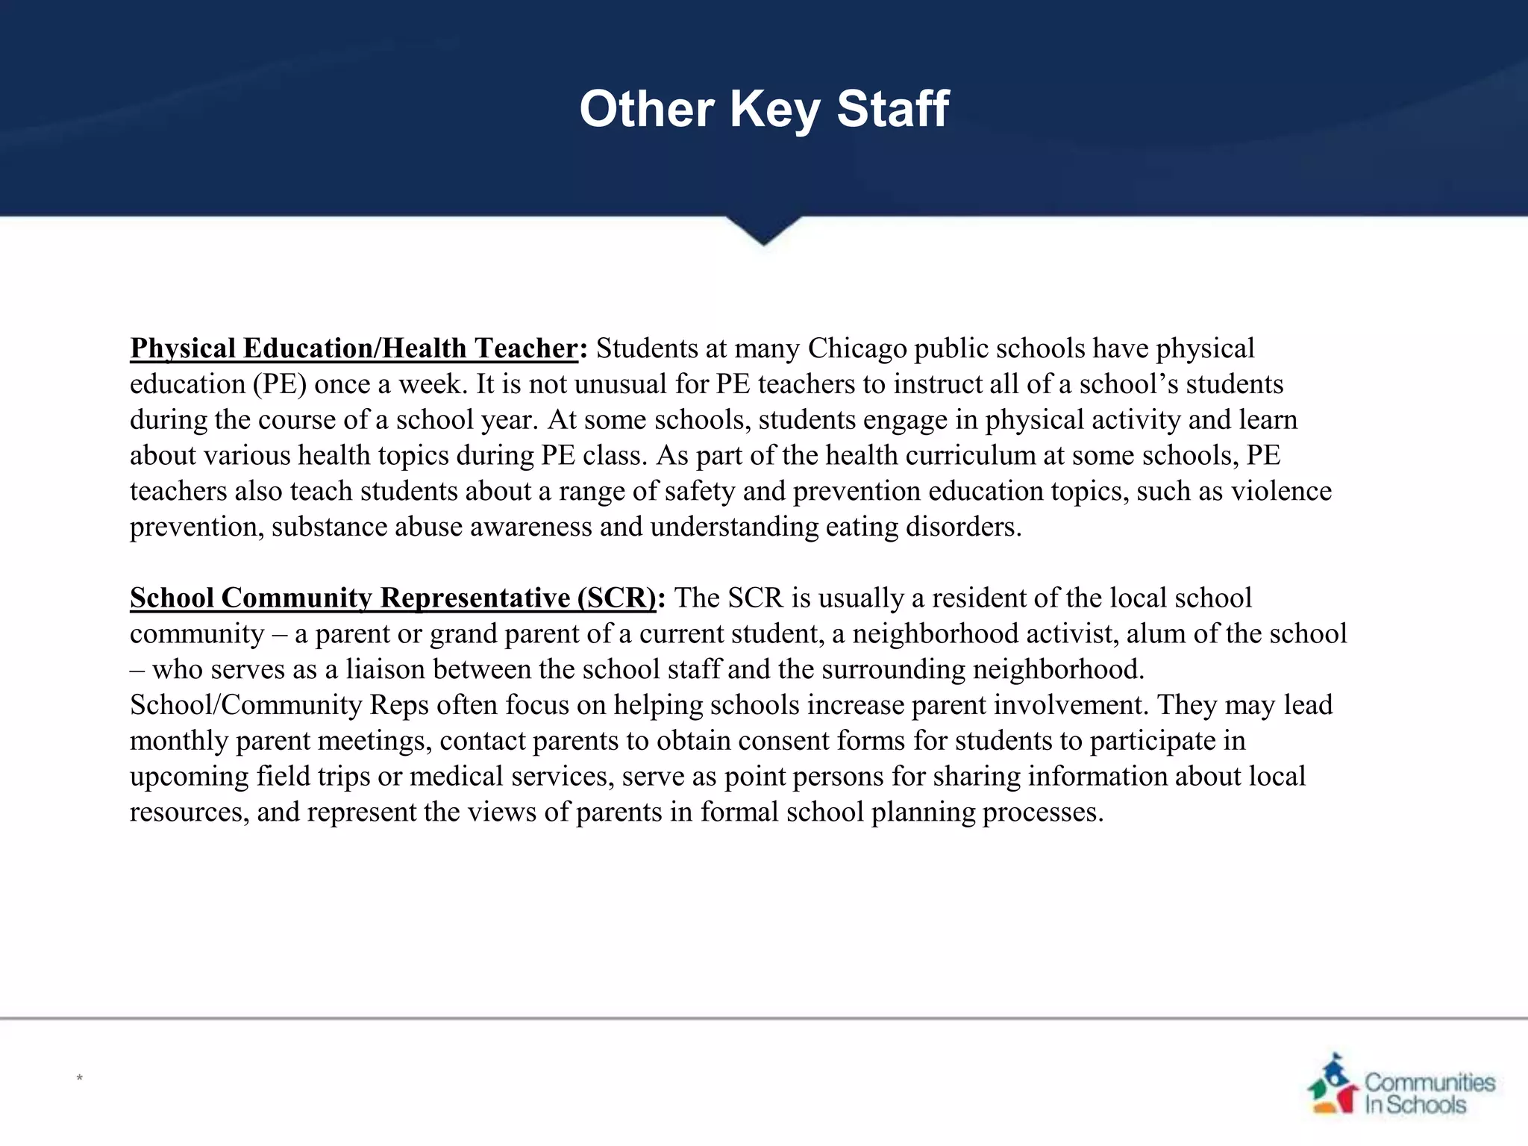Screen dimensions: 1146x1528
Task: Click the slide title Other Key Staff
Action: (x=763, y=110)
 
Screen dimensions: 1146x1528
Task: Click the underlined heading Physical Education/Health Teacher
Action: (x=354, y=348)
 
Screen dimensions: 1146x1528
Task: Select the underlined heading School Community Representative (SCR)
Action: (x=392, y=598)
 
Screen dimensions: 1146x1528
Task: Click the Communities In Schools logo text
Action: (x=1429, y=1093)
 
